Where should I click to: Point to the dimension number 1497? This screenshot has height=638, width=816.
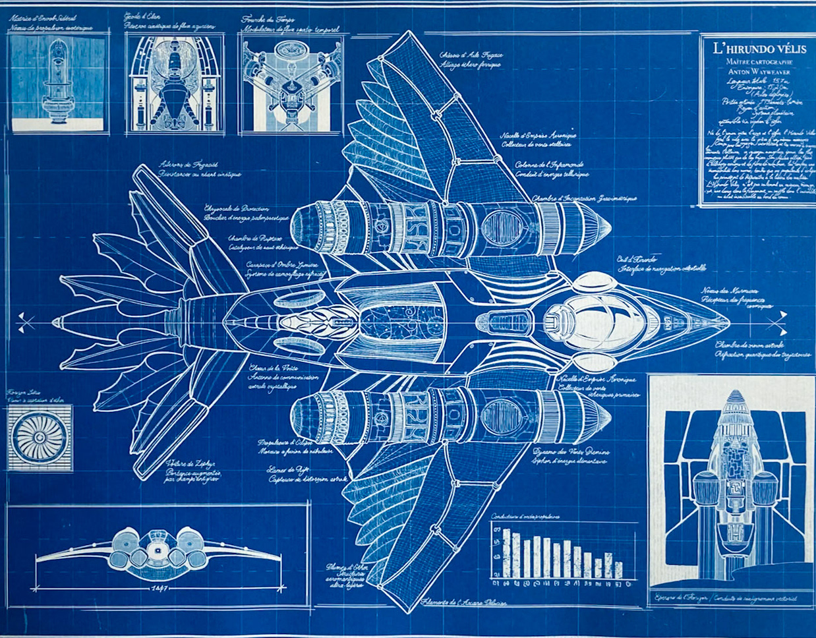[x=159, y=587]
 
